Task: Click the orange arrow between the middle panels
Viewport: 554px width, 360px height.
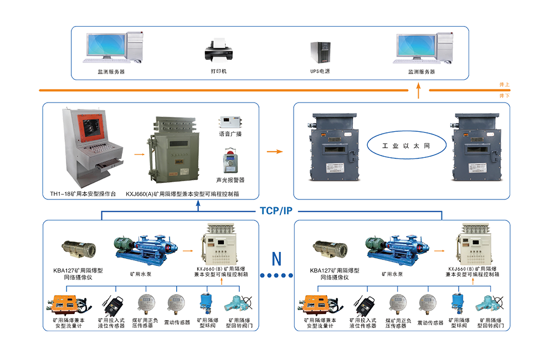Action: [275, 150]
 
